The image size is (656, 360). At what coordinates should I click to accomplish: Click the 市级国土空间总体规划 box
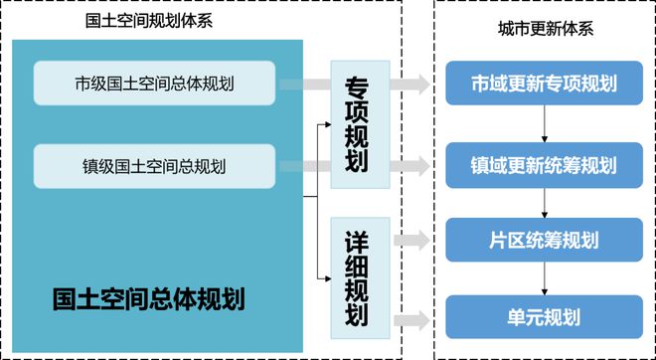coord(154,84)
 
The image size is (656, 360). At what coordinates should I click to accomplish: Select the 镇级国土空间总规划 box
coord(154,165)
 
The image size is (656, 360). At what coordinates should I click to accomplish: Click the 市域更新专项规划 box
coord(544,84)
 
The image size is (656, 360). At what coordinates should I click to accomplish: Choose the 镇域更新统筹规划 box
coord(544,163)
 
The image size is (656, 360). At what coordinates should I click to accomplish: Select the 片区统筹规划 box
coord(544,241)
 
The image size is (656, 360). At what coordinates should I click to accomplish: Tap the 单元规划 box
coord(544,318)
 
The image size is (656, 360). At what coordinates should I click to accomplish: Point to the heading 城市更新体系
coord(546,28)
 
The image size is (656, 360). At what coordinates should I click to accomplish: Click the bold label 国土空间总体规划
coord(148,297)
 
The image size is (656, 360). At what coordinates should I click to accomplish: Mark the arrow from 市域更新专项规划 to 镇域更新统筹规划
coord(545,123)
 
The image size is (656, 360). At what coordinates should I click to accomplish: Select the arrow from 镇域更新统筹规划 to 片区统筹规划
coord(545,202)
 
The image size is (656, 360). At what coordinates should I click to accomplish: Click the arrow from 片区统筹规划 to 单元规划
coord(545,279)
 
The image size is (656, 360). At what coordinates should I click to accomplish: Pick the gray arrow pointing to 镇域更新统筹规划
coord(409,164)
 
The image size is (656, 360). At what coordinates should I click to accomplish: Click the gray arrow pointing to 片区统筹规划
coord(409,241)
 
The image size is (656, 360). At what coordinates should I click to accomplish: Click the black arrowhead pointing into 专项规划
coord(326,126)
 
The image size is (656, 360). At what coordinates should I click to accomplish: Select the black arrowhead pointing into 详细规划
coord(326,279)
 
